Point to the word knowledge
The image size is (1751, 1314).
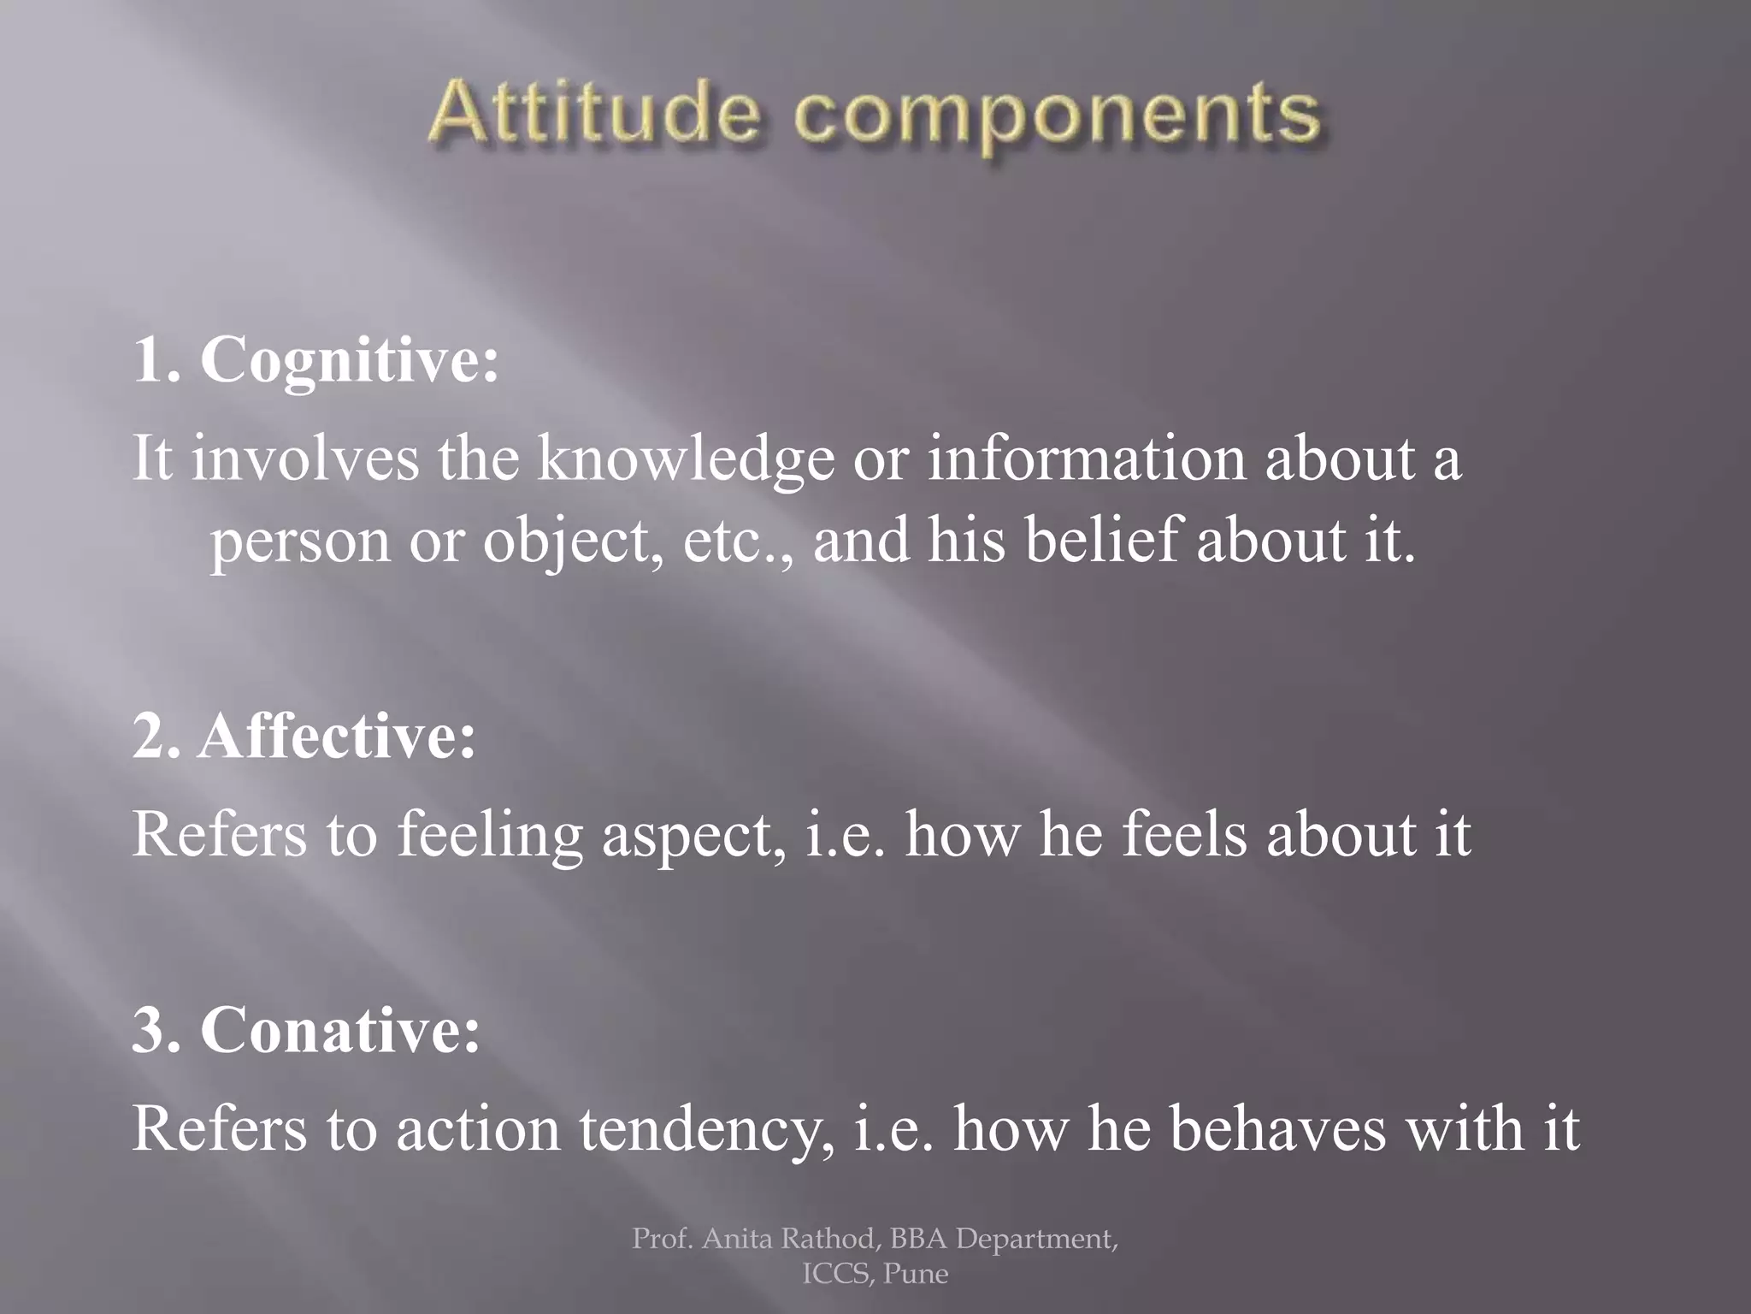685,460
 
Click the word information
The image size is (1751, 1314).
1087,459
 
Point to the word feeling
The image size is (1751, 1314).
489,835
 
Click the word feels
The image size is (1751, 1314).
1185,835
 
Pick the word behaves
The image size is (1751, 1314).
1278,1129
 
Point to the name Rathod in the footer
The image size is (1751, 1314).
828,1238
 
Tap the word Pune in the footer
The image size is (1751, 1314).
916,1274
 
